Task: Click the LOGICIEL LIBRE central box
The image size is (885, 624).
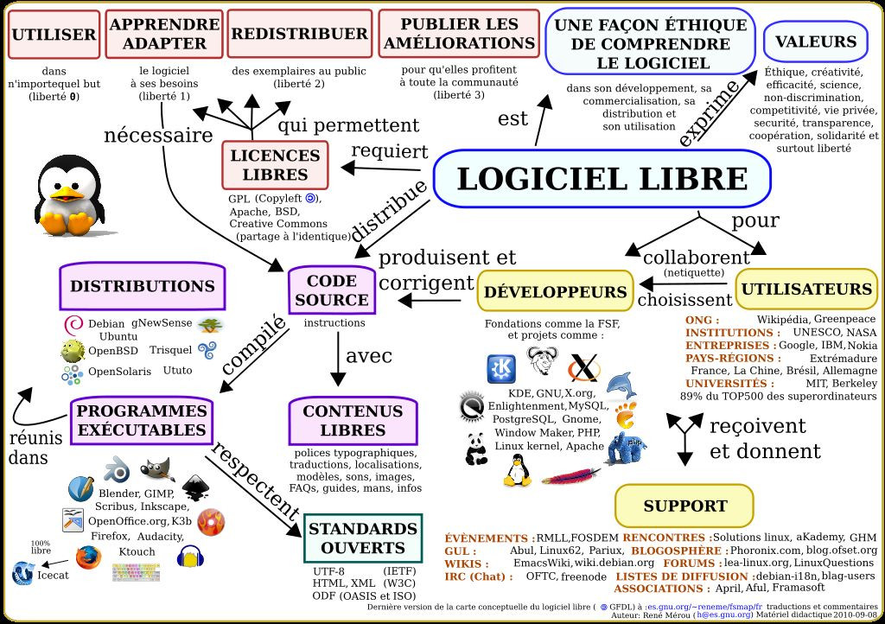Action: click(x=602, y=178)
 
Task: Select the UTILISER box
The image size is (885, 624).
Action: click(x=52, y=35)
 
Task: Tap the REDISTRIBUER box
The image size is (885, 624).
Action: click(x=299, y=34)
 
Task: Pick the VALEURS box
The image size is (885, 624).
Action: click(x=815, y=41)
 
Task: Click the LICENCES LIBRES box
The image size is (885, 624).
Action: click(x=275, y=164)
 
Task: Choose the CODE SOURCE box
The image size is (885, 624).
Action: click(x=332, y=290)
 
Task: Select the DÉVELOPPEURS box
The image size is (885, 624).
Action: click(x=554, y=291)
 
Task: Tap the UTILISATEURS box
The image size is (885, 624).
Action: click(x=806, y=289)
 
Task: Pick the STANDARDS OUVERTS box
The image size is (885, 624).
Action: click(x=363, y=538)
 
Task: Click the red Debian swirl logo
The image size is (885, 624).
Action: click(x=74, y=325)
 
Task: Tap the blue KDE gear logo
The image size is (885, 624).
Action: click(x=501, y=368)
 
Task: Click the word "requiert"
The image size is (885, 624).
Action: click(x=389, y=151)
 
